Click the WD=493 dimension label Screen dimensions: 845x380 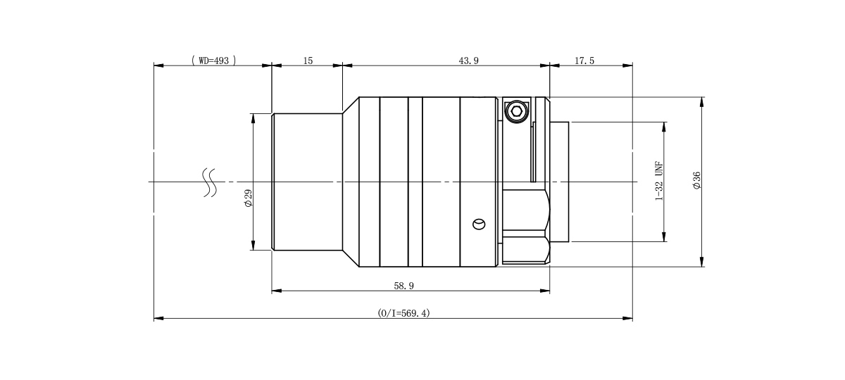[214, 61]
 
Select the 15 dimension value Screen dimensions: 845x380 [308, 61]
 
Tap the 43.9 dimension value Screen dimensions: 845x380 [468, 61]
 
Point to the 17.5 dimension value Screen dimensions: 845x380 [584, 61]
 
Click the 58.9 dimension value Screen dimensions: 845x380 [403, 286]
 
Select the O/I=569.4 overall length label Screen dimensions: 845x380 [403, 313]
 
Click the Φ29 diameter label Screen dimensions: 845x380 [248, 198]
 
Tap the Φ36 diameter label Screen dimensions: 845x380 [696, 180]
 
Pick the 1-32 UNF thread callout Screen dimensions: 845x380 [658, 181]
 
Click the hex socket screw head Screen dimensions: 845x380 [515, 111]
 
